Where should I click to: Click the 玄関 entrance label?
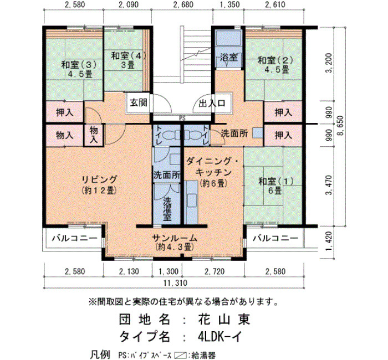coord(139,102)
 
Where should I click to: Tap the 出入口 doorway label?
coord(212,103)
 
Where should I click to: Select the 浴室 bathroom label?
coord(229,58)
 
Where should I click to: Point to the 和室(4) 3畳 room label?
coord(128,60)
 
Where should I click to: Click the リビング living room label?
coord(99,184)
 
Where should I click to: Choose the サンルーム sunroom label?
coord(175,243)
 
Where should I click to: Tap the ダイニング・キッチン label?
coord(212,172)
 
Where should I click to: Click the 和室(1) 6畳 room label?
coord(275,186)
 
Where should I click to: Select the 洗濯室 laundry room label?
coord(167,209)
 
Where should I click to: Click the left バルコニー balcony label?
coord(74,238)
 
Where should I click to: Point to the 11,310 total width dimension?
coord(175,282)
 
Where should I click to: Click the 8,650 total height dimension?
coord(341,126)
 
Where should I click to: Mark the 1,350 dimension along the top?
coord(228,4)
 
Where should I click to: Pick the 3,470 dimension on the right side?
coord(329,185)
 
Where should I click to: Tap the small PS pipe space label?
coord(182,119)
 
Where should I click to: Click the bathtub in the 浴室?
coord(229,38)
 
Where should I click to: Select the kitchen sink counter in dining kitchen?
coord(191,202)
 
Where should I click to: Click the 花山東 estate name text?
coord(224,319)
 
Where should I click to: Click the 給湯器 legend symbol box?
coord(180,356)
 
